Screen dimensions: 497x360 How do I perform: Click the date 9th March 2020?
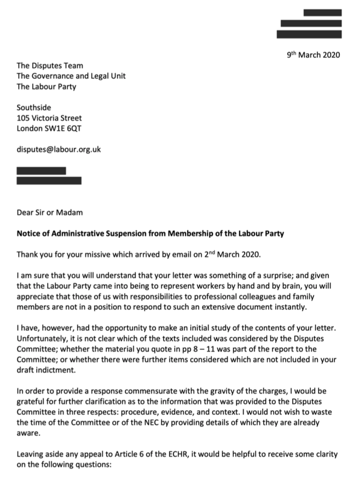(x=313, y=55)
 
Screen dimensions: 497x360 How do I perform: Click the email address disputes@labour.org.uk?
(x=59, y=149)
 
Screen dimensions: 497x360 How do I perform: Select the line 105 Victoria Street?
(x=49, y=118)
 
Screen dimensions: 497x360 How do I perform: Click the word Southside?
(x=34, y=108)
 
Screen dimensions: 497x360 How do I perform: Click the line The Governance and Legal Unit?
(x=71, y=77)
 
